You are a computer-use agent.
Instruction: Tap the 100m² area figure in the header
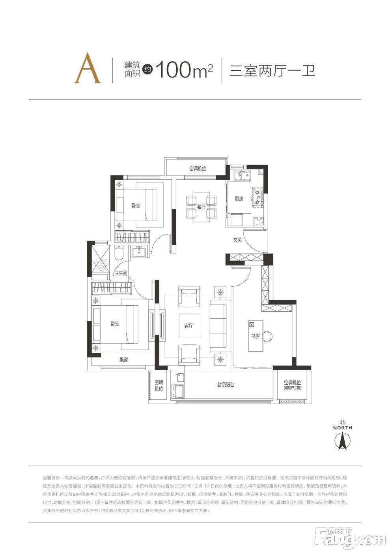pyautogui.click(x=184, y=70)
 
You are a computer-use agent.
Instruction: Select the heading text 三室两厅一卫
pyautogui.click(x=272, y=71)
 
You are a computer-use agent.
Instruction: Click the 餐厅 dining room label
pyautogui.click(x=202, y=207)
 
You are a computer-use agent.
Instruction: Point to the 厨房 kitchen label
pyautogui.click(x=239, y=199)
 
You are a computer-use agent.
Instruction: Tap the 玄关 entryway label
pyautogui.click(x=237, y=240)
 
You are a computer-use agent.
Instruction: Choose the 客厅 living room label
pyautogui.click(x=188, y=326)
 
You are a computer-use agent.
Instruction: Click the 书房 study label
pyautogui.click(x=256, y=336)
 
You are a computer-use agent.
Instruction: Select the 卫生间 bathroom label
pyautogui.click(x=121, y=273)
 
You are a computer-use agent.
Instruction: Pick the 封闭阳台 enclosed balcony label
pyautogui.click(x=226, y=384)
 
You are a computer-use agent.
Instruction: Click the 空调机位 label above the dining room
pyautogui.click(x=198, y=169)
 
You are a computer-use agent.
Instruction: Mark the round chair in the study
pyautogui.click(x=267, y=336)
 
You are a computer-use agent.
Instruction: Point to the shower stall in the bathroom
pyautogui.click(x=101, y=258)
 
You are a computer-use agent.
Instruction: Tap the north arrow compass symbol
pyautogui.click(x=342, y=441)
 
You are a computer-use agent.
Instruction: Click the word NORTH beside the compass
pyautogui.click(x=342, y=427)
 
